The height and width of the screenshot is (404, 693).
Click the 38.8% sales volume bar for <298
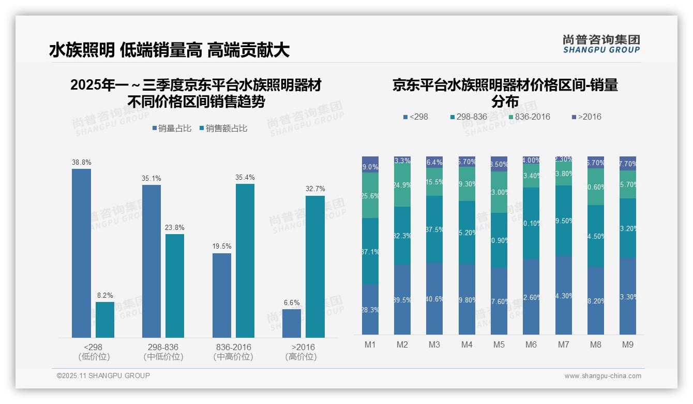tap(81, 253)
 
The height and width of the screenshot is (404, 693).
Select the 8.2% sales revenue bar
tap(105, 320)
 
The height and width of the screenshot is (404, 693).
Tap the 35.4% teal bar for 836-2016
tap(245, 261)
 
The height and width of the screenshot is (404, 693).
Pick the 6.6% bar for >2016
tap(292, 323)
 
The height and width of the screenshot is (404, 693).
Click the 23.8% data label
tap(175, 228)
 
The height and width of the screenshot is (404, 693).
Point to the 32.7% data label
tap(315, 189)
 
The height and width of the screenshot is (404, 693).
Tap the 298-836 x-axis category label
tap(163, 347)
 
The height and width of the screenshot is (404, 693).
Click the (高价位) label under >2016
tap(301, 357)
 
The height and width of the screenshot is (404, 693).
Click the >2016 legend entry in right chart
tap(586, 117)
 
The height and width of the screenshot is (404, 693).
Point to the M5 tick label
tap(499, 344)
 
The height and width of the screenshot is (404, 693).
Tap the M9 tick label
tap(627, 344)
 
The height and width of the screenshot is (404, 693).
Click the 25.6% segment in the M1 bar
tap(370, 195)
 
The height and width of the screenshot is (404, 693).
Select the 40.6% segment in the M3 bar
tap(434, 298)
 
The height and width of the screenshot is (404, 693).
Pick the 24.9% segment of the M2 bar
tap(402, 185)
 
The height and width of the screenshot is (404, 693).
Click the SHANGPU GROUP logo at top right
tap(601, 44)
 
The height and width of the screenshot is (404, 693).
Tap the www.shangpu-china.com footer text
tap(602, 376)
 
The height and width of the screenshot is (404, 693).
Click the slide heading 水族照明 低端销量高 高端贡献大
tap(169, 50)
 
